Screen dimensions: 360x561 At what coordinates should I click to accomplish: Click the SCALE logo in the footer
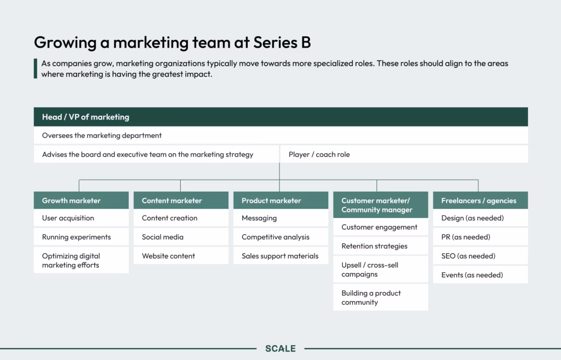click(280, 348)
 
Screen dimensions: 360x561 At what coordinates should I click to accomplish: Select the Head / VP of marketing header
click(280, 117)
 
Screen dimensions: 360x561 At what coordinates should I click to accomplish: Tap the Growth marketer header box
click(81, 201)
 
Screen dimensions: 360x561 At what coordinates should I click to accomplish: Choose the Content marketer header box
click(181, 201)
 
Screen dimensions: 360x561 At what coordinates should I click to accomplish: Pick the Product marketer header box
click(280, 201)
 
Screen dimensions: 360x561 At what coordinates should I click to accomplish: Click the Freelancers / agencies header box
click(480, 201)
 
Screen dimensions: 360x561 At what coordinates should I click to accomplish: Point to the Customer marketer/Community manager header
click(380, 205)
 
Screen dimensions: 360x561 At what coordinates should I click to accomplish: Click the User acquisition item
click(81, 218)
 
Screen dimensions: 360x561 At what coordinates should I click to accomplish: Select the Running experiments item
click(81, 237)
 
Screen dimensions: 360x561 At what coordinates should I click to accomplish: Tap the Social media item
click(181, 237)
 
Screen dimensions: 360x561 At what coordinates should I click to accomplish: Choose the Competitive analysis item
click(280, 237)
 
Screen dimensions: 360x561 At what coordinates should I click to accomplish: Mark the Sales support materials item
click(280, 256)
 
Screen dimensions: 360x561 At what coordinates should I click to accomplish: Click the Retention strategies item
click(380, 246)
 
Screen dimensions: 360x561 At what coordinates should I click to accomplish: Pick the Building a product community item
click(380, 298)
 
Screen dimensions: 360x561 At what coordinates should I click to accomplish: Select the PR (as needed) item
click(480, 237)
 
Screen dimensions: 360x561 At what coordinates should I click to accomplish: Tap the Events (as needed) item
click(480, 275)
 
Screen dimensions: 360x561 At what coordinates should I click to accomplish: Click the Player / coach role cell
click(404, 155)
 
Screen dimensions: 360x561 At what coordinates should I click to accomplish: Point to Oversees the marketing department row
click(280, 135)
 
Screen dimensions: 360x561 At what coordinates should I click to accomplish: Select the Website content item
click(181, 256)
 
